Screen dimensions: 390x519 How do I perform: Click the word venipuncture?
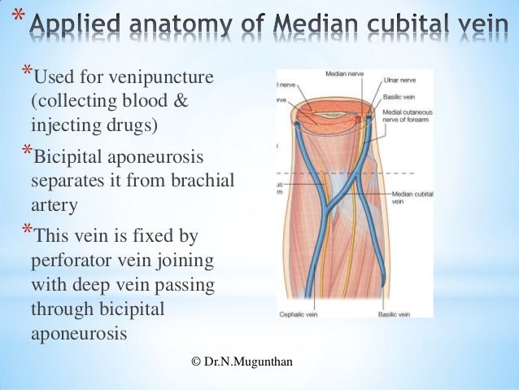pyautogui.click(x=156, y=79)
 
